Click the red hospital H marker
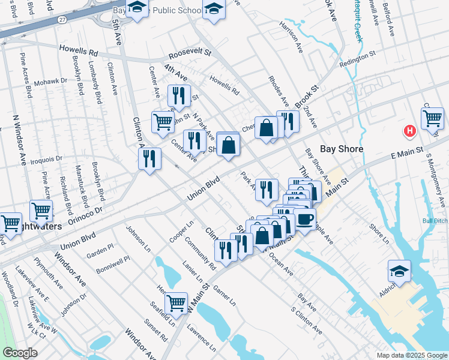(x=410, y=131)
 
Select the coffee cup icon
(x=304, y=219)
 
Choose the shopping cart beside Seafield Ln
(x=176, y=303)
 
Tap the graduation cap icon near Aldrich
(x=399, y=271)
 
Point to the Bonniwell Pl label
(x=111, y=261)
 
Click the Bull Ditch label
(x=435, y=220)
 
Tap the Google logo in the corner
(x=20, y=353)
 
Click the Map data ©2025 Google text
(x=411, y=355)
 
